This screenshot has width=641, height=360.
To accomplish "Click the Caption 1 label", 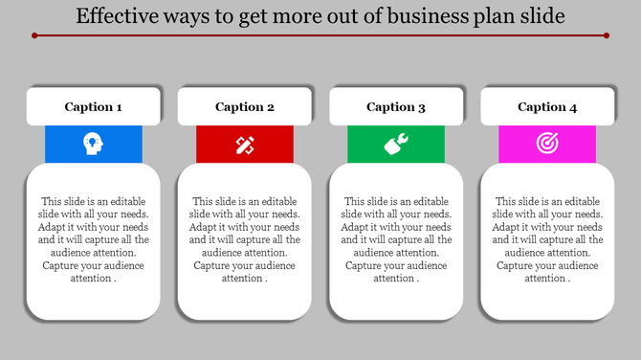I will [93, 107].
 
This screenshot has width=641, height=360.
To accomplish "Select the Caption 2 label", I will [245, 107].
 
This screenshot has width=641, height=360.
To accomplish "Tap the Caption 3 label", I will [396, 107].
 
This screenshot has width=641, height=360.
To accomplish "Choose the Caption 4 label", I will [547, 107].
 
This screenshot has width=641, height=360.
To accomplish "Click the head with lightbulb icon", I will [93, 144].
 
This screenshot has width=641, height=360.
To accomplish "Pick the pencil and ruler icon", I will [245, 145].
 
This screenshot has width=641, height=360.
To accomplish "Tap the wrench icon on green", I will [396, 145].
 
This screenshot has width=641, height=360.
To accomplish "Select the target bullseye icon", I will [547, 144].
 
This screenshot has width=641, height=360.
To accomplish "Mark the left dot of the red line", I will [33, 35].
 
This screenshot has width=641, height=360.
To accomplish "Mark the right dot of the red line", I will [608, 35].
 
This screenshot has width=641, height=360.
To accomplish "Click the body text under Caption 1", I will [93, 239].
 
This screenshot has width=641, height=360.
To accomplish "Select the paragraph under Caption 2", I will [245, 239].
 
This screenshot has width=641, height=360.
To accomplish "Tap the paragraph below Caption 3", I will [396, 239].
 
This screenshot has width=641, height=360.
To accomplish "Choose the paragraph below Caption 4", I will [547, 239].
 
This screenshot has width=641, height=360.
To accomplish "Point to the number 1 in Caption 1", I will [119, 107].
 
